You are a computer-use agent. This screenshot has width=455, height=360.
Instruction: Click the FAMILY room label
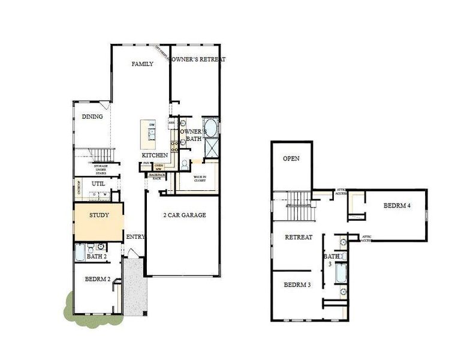143,64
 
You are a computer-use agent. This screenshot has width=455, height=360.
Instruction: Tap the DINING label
92,117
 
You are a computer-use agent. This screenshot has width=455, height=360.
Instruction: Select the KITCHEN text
154,155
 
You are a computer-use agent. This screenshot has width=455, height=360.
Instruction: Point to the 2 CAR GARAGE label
185,215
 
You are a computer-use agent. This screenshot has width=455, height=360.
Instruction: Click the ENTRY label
135,237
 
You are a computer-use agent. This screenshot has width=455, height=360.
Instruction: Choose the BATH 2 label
97,257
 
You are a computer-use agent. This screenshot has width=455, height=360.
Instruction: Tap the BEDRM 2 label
97,279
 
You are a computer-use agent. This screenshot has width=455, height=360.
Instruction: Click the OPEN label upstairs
291,159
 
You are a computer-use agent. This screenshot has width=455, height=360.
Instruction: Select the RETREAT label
299,237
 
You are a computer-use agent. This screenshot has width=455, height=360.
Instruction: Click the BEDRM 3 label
297,284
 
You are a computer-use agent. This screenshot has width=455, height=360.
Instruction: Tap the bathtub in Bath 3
340,274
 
